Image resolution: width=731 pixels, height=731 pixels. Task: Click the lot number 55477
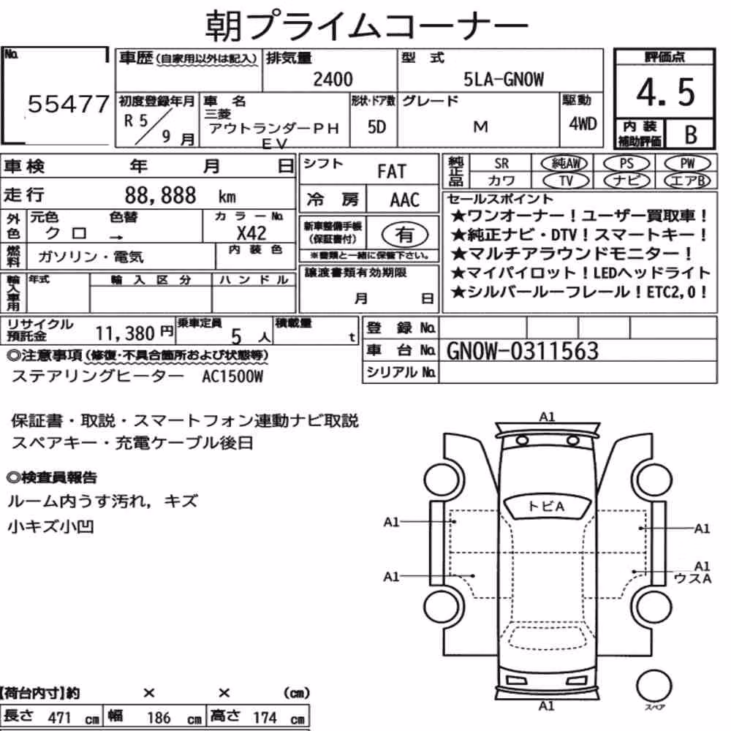click(x=68, y=104)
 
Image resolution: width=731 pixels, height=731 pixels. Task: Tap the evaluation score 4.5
click(x=665, y=92)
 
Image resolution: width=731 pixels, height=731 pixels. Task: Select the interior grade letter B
click(x=691, y=135)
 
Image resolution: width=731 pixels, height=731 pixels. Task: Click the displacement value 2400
click(x=333, y=79)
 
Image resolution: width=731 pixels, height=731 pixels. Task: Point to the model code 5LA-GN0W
click(x=504, y=79)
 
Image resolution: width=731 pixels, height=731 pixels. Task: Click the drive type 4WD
click(x=583, y=124)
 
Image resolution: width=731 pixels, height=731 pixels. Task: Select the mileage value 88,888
click(x=160, y=195)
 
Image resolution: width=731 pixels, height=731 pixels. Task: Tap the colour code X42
click(x=251, y=233)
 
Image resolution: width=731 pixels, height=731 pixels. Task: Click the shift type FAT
click(x=392, y=172)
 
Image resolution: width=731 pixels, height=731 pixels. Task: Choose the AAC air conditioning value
click(x=405, y=200)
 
